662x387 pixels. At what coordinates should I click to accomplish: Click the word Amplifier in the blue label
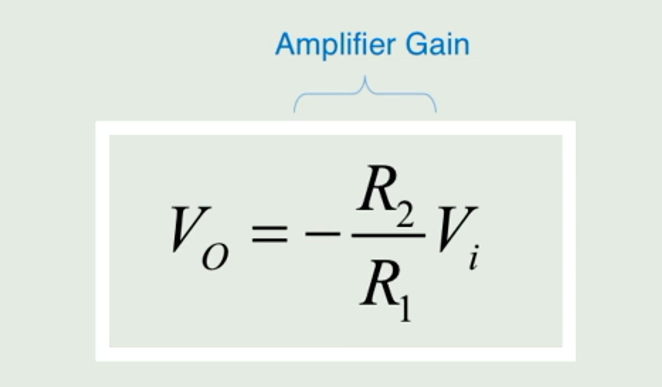tap(335, 45)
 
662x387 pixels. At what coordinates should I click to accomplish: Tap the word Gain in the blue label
tap(437, 45)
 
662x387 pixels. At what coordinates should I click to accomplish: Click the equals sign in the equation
tap(269, 234)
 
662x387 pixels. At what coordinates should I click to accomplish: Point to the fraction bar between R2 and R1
tap(388, 235)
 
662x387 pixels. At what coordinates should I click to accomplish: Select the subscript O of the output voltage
tap(215, 257)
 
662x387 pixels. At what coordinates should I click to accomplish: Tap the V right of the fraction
tap(457, 228)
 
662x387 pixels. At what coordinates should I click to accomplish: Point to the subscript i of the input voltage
tap(474, 258)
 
